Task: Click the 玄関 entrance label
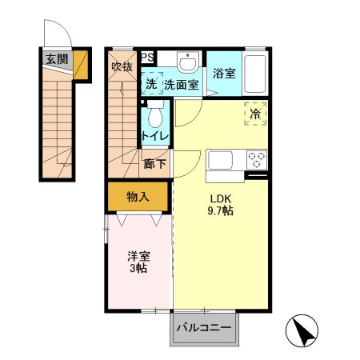click(57, 58)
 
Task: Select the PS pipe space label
click(148, 57)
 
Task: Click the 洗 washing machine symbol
click(150, 83)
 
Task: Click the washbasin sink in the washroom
click(187, 63)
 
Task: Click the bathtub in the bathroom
click(256, 74)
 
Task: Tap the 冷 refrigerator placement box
click(255, 114)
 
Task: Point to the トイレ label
click(154, 136)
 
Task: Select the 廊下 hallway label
click(154, 164)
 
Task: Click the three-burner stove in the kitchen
click(257, 159)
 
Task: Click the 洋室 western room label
click(138, 258)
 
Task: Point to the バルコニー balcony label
click(203, 328)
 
